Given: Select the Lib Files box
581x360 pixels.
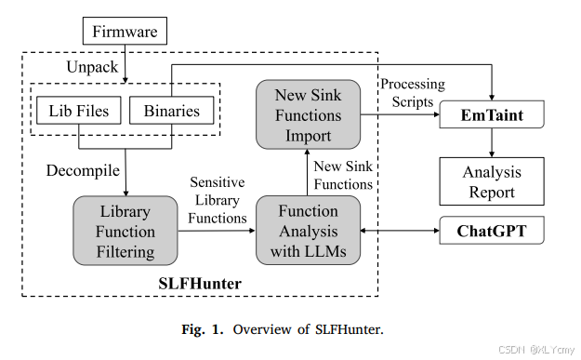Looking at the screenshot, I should [79, 112].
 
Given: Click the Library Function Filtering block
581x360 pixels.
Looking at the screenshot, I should [124, 229].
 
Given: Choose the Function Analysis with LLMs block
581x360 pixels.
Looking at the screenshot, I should [309, 229].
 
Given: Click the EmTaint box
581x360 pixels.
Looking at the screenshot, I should [491, 115].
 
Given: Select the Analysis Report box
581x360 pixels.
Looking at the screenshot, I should [491, 180].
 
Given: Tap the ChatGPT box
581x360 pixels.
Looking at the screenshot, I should [491, 229].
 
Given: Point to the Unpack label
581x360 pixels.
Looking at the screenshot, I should [91, 68].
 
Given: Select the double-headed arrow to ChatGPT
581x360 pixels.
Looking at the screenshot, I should [400, 229].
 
